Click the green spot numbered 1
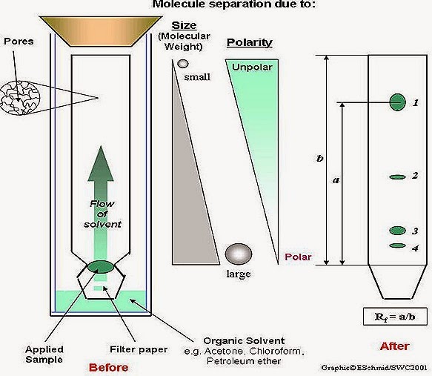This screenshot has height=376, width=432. (x=398, y=102)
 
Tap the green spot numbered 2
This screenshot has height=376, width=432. (x=397, y=177)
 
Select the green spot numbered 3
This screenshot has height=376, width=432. (x=398, y=231)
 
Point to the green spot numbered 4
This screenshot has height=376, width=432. (x=398, y=245)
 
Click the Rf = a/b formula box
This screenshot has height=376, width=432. (x=395, y=317)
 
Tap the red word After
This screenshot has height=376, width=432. (x=394, y=346)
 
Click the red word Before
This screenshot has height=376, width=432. (x=108, y=367)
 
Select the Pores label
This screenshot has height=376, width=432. (x=19, y=42)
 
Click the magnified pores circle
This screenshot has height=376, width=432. (x=20, y=98)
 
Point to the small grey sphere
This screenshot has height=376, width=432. (x=183, y=64)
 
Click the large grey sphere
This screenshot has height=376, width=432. (x=239, y=254)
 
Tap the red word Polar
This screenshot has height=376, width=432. (x=298, y=257)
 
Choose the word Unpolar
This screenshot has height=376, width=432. (x=252, y=67)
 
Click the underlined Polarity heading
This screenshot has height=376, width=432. (x=249, y=43)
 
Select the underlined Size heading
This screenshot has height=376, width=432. (x=184, y=25)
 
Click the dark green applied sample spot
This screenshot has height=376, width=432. (x=100, y=266)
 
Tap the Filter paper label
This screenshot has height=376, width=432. (x=139, y=349)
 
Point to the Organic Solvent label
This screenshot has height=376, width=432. (x=244, y=340)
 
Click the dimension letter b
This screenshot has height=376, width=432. (x=319, y=159)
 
